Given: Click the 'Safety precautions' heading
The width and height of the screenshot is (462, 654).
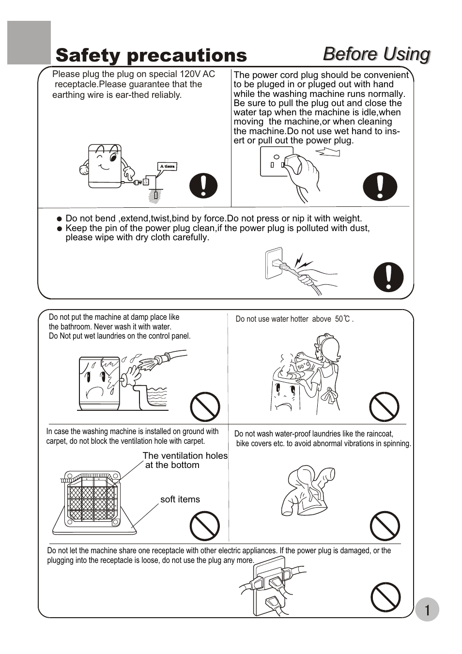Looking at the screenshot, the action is pyautogui.click(x=151, y=56).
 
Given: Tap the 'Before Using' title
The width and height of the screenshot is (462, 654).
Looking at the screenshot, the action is pyautogui.click(x=376, y=54).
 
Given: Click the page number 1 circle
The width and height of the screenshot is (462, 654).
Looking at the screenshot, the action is pyautogui.click(x=427, y=609).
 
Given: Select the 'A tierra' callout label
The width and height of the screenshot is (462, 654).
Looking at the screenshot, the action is pyautogui.click(x=167, y=167).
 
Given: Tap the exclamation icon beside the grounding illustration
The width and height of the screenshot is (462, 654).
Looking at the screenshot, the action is pyautogui.click(x=203, y=186).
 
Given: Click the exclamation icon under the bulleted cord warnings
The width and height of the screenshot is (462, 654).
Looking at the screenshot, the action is pyautogui.click(x=388, y=277).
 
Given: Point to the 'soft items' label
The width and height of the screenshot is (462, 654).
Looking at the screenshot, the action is pyautogui.click(x=180, y=499).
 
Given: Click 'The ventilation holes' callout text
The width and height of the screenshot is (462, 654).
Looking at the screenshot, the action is pyautogui.click(x=185, y=456).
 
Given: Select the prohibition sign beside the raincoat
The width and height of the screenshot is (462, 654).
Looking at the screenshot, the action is pyautogui.click(x=385, y=526).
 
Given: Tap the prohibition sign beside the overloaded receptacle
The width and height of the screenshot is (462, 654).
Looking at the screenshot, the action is pyautogui.click(x=385, y=597).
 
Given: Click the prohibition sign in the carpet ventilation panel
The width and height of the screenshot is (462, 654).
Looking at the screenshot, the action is pyautogui.click(x=204, y=526).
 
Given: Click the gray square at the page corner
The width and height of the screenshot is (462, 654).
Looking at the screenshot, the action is pyautogui.click(x=29, y=42).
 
